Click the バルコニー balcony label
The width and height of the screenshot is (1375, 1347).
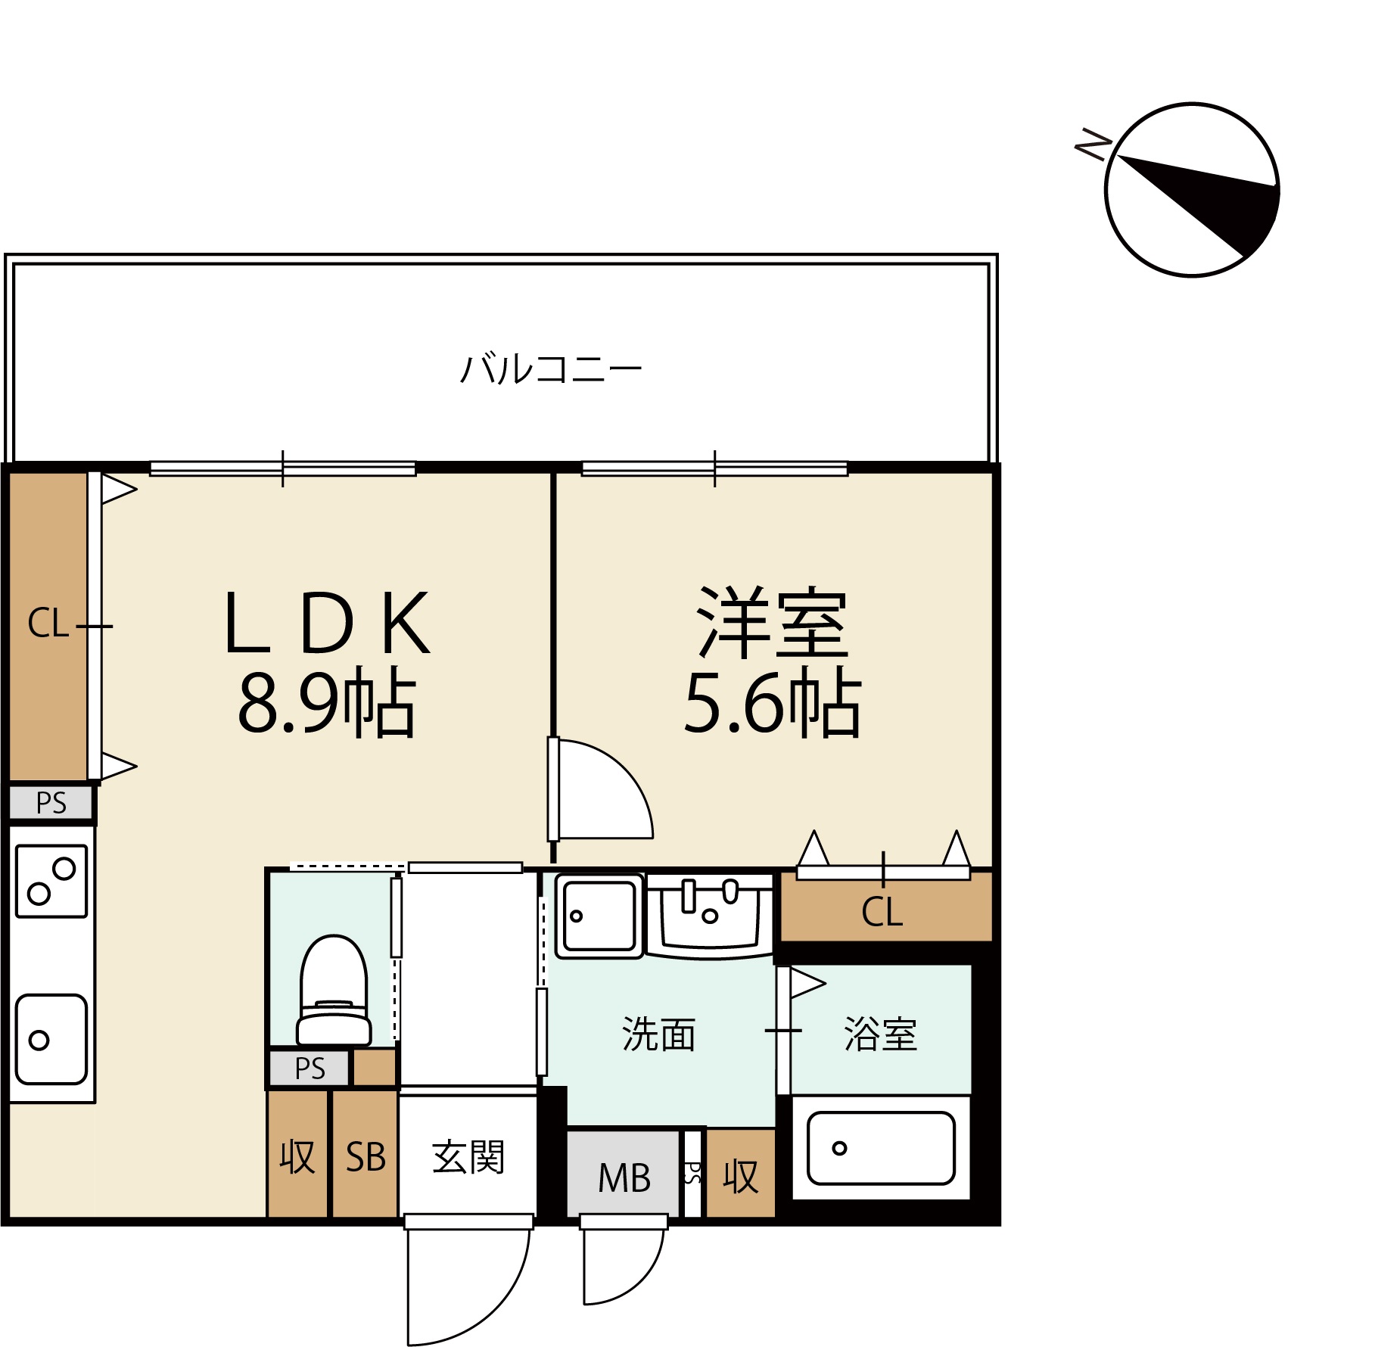pyautogui.click(x=551, y=369)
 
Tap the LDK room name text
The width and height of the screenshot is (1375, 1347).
pyautogui.click(x=327, y=622)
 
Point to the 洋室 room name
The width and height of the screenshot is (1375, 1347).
pyautogui.click(x=772, y=622)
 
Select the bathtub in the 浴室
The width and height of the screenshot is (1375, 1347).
pyautogui.click(x=881, y=1147)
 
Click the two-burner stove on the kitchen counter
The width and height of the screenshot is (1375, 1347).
pyautogui.click(x=51, y=881)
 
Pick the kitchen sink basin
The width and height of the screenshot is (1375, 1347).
pyautogui.click(x=51, y=1039)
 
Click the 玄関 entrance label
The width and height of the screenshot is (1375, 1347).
pyautogui.click(x=468, y=1157)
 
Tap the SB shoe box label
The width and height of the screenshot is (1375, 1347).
pyautogui.click(x=366, y=1157)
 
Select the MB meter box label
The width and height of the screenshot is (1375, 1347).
pyautogui.click(x=624, y=1177)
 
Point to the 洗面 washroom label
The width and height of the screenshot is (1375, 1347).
pyautogui.click(x=658, y=1034)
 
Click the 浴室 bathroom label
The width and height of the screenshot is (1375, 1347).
pyautogui.click(x=880, y=1034)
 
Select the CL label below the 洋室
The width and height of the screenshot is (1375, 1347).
pyautogui.click(x=882, y=912)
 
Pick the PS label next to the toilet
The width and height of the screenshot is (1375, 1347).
pyautogui.click(x=310, y=1069)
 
